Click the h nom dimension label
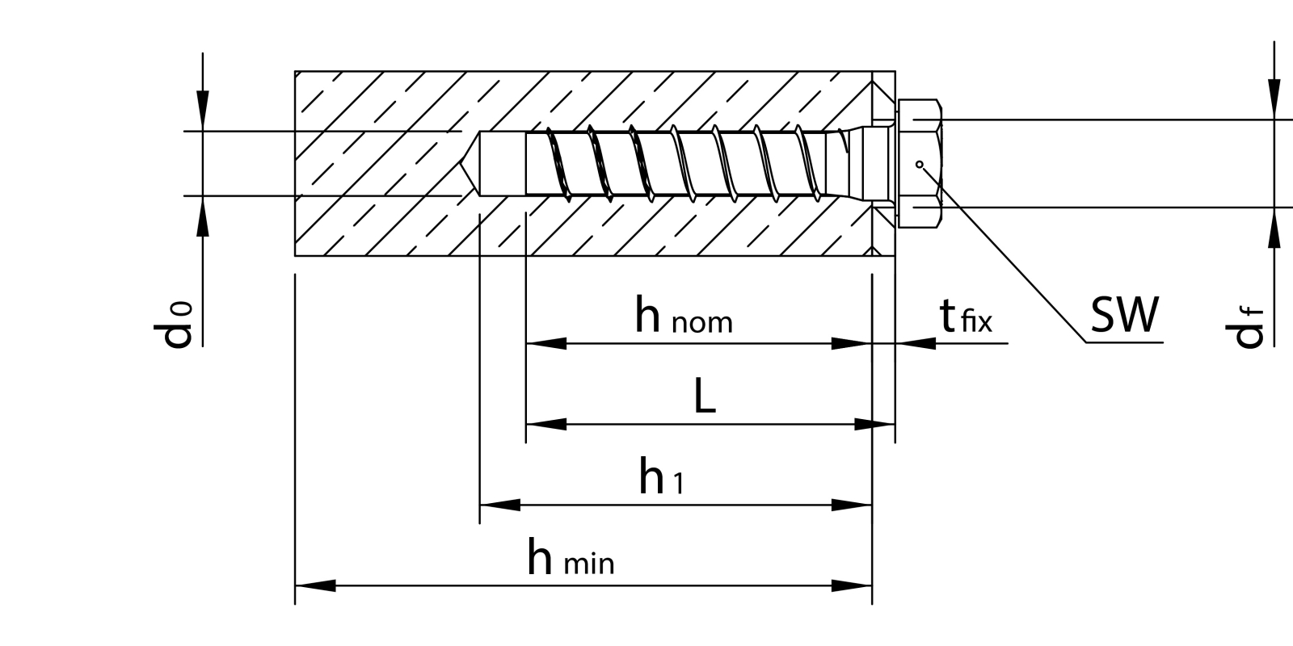click(x=683, y=317)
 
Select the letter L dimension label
click(x=705, y=396)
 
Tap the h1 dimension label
click(x=661, y=476)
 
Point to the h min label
click(x=571, y=558)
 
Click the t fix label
click(x=966, y=317)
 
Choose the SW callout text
click(x=1124, y=315)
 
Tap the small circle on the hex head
click(x=919, y=164)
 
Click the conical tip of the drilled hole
click(x=470, y=164)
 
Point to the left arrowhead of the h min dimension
click(x=315, y=585)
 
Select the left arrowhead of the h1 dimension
click(x=500, y=505)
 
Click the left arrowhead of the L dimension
click(x=546, y=424)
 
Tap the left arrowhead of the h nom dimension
click(x=546, y=343)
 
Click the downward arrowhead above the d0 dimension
click(x=202, y=110)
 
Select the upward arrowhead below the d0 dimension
click(x=202, y=216)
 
